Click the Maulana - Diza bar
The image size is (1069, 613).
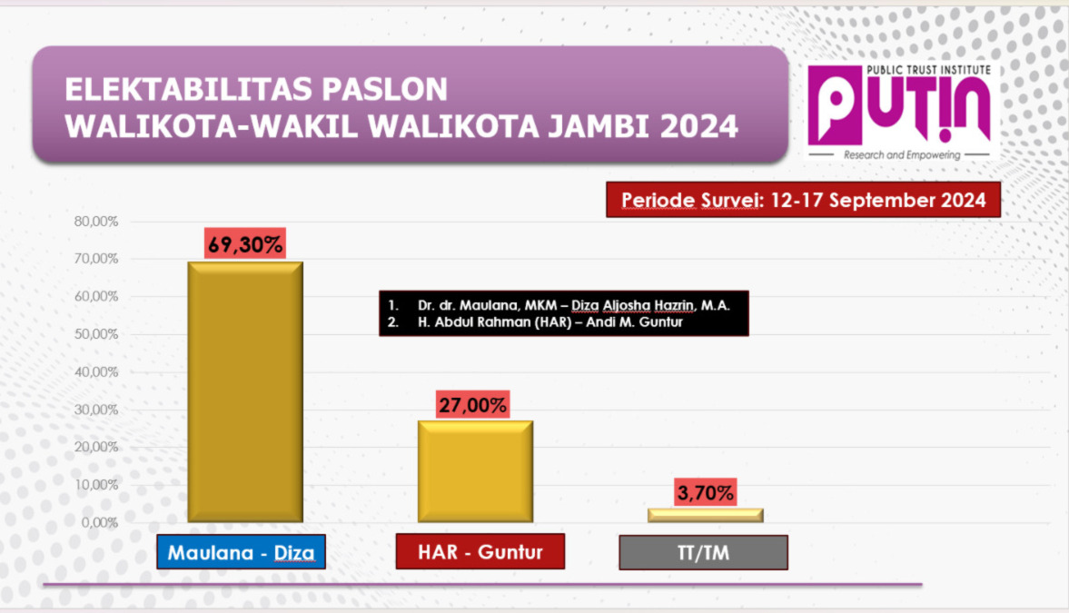coord(245,392)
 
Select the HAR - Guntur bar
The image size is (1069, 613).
coord(475,472)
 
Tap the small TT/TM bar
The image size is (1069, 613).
coord(705,516)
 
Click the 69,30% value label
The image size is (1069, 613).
coord(245,243)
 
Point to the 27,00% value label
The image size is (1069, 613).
coord(472,405)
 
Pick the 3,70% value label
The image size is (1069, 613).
coord(705,492)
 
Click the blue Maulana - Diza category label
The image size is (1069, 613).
coord(242,551)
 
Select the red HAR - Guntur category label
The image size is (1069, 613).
coord(480,551)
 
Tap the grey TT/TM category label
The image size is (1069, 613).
coord(704,552)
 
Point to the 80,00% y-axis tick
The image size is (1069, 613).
coord(96,222)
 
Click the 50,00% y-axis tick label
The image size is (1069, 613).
coord(96,334)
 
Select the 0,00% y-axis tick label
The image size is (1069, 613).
coord(100,522)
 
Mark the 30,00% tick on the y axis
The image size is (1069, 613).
coord(96,410)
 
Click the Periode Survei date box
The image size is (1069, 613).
coord(803,200)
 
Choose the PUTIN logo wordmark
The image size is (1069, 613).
coord(899,107)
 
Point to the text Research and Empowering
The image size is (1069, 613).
coord(902,154)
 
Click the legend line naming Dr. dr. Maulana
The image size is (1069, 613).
coord(559,305)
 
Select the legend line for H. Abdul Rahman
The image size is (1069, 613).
coord(535,321)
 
